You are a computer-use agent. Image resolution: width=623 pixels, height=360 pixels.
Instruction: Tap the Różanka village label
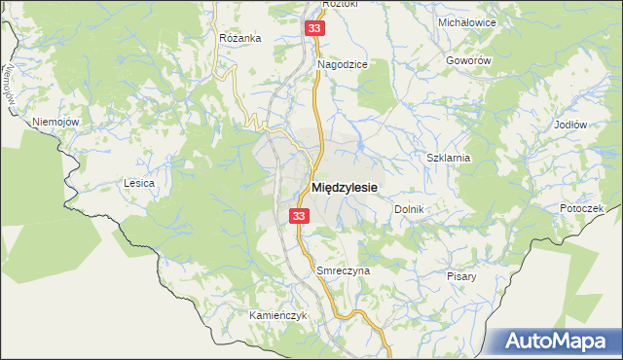tap(240, 38)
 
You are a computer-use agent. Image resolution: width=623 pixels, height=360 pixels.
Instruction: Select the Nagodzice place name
tap(342, 64)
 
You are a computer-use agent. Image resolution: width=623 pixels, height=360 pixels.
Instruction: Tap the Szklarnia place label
tap(449, 157)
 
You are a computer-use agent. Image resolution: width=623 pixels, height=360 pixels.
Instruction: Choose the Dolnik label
tap(410, 209)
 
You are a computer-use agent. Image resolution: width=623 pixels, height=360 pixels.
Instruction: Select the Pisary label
tap(462, 276)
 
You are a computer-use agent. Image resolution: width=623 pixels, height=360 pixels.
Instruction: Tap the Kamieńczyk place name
tap(251, 316)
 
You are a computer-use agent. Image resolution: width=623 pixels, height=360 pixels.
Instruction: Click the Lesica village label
tap(139, 182)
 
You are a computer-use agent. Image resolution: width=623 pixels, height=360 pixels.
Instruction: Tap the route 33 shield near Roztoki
tap(313, 29)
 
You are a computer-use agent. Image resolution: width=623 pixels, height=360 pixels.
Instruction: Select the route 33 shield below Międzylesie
tap(299, 216)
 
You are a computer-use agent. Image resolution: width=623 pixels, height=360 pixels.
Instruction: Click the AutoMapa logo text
tap(568, 341)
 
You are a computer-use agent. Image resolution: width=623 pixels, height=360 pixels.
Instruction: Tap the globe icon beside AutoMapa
tap(514, 341)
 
